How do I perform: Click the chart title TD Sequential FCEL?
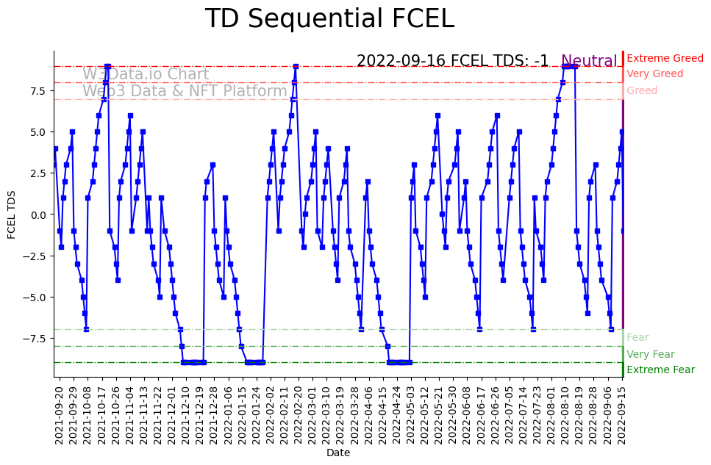coord(329,19)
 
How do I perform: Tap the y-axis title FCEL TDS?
coord(12,214)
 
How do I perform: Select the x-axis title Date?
coord(338,453)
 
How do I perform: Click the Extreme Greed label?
coord(665,58)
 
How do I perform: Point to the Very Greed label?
coord(654,74)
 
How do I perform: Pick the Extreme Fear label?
coord(660,370)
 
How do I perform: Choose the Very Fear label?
coord(650,354)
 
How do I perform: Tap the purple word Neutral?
coord(589,61)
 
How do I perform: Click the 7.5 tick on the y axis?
coord(37,90)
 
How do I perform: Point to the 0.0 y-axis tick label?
coord(37,215)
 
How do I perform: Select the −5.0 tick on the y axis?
coord(35,298)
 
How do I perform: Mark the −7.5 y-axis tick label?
coord(35,339)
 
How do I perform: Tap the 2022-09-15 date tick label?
coord(622,415)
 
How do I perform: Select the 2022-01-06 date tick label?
coord(229,415)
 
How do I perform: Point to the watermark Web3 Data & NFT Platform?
coord(185,91)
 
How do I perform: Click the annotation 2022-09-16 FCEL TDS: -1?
coord(452,61)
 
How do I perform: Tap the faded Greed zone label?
coord(642,90)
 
